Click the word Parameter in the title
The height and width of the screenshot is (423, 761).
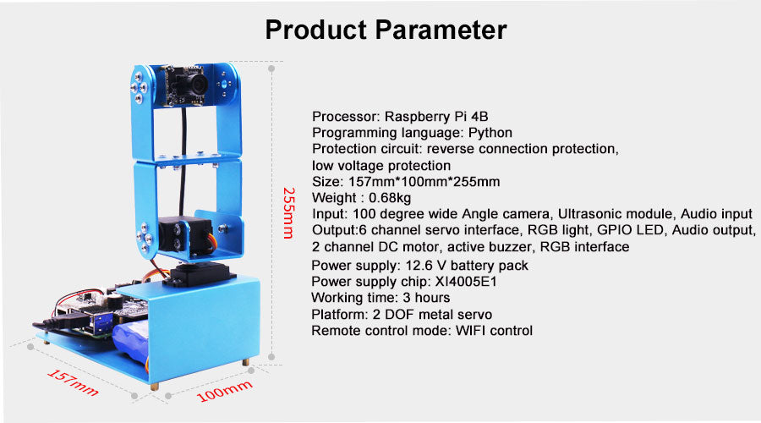(441, 30)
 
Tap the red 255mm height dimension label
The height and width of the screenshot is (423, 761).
(289, 212)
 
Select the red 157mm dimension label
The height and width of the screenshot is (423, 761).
(73, 382)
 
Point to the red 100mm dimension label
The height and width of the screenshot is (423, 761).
(224, 391)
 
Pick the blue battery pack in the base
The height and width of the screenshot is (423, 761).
(130, 343)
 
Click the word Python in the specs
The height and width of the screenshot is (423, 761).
(490, 133)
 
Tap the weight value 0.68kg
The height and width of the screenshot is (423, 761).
(390, 198)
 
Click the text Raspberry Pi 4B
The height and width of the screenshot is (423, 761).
(436, 117)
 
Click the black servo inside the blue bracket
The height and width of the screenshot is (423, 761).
(186, 237)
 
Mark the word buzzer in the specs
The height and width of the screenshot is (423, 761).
(511, 247)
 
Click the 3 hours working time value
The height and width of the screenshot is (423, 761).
(426, 298)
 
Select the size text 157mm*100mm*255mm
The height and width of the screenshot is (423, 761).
(424, 182)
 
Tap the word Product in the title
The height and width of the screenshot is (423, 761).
(316, 30)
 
